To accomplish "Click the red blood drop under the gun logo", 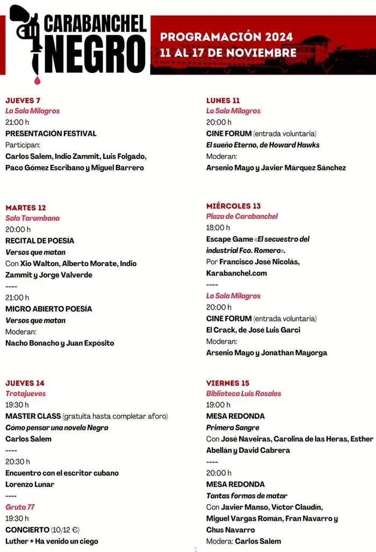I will [x=37, y=80].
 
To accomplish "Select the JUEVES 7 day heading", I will [x=23, y=100].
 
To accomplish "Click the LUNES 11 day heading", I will [x=223, y=100].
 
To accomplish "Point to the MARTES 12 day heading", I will [x=26, y=208].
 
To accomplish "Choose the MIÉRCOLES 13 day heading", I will [x=233, y=206].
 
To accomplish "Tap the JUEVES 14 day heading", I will [x=25, y=383].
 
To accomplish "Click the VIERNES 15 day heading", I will [x=228, y=383].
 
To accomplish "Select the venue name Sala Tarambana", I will [x=32, y=219].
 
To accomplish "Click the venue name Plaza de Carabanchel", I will [x=242, y=216].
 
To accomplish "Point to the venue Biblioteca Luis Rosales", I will [x=244, y=394].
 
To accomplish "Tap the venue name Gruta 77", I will [x=20, y=507].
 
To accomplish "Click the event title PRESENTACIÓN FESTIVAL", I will [x=51, y=134].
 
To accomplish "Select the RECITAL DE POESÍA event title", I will [x=40, y=241].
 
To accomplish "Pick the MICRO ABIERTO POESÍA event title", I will [x=49, y=309].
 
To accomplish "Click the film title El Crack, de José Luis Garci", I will [x=253, y=330].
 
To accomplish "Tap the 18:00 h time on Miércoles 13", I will [x=218, y=228].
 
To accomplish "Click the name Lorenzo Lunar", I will [x=30, y=484].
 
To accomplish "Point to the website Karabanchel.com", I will [x=236, y=273].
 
